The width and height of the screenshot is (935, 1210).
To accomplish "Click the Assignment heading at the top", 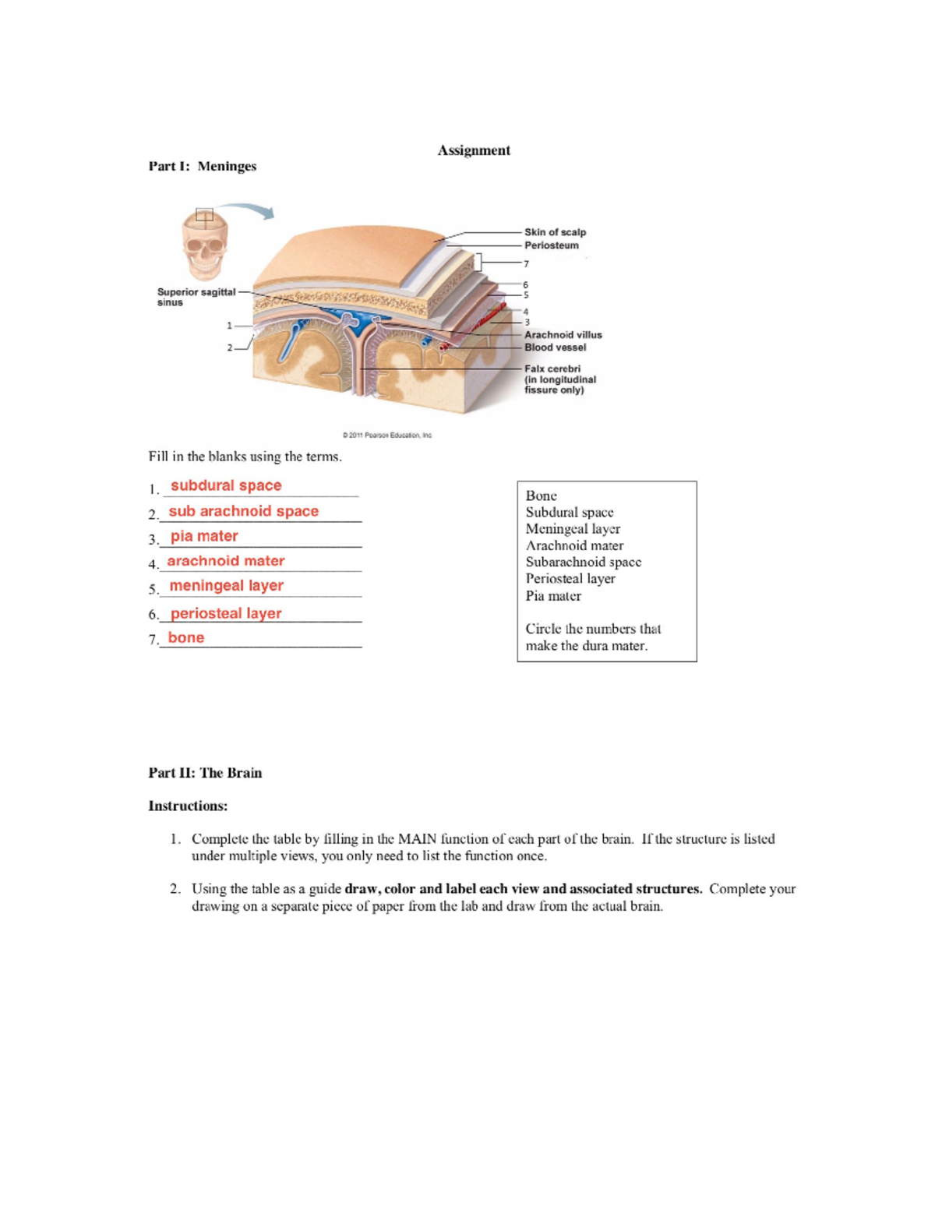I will coord(473,150).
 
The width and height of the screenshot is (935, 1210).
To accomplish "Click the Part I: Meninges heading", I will coord(202,166).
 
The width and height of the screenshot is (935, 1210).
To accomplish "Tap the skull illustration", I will coord(204,246).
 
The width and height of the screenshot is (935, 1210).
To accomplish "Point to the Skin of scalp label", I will coord(555,232).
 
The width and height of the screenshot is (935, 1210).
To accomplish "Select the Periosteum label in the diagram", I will coord(551,245).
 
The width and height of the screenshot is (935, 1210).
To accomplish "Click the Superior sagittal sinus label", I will coord(196,297).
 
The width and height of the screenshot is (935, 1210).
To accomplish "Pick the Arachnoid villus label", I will coord(563,335).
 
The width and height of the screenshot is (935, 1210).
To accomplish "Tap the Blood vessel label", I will coord(555,347).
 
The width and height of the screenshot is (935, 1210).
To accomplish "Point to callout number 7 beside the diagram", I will coord(526,264).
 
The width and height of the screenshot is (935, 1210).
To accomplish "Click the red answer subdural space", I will coord(226,485).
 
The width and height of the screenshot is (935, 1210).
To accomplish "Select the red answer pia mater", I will coord(204,536).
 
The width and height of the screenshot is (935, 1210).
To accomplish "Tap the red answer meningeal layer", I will coord(226,586).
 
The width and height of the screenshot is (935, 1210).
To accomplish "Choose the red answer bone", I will coord(186,637).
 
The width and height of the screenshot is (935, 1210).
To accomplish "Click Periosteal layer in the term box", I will coord(570,579).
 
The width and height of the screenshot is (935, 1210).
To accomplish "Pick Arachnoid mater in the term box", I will coord(574,545).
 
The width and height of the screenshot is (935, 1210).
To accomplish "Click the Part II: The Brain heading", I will coord(205,773).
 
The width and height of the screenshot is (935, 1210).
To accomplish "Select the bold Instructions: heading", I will coord(188,806).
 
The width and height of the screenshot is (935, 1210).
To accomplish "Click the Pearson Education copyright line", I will coord(386,436).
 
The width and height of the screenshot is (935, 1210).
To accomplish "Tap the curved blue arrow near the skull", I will coord(248,210).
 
